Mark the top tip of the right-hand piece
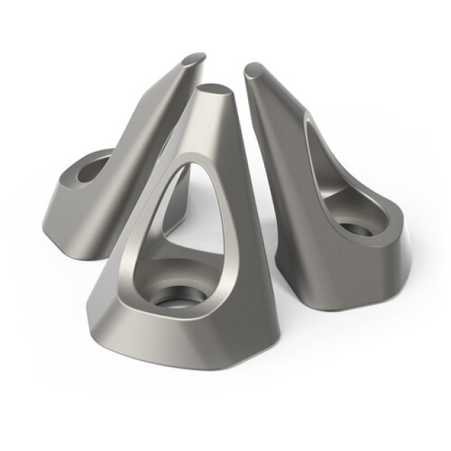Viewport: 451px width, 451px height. click(254, 70)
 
